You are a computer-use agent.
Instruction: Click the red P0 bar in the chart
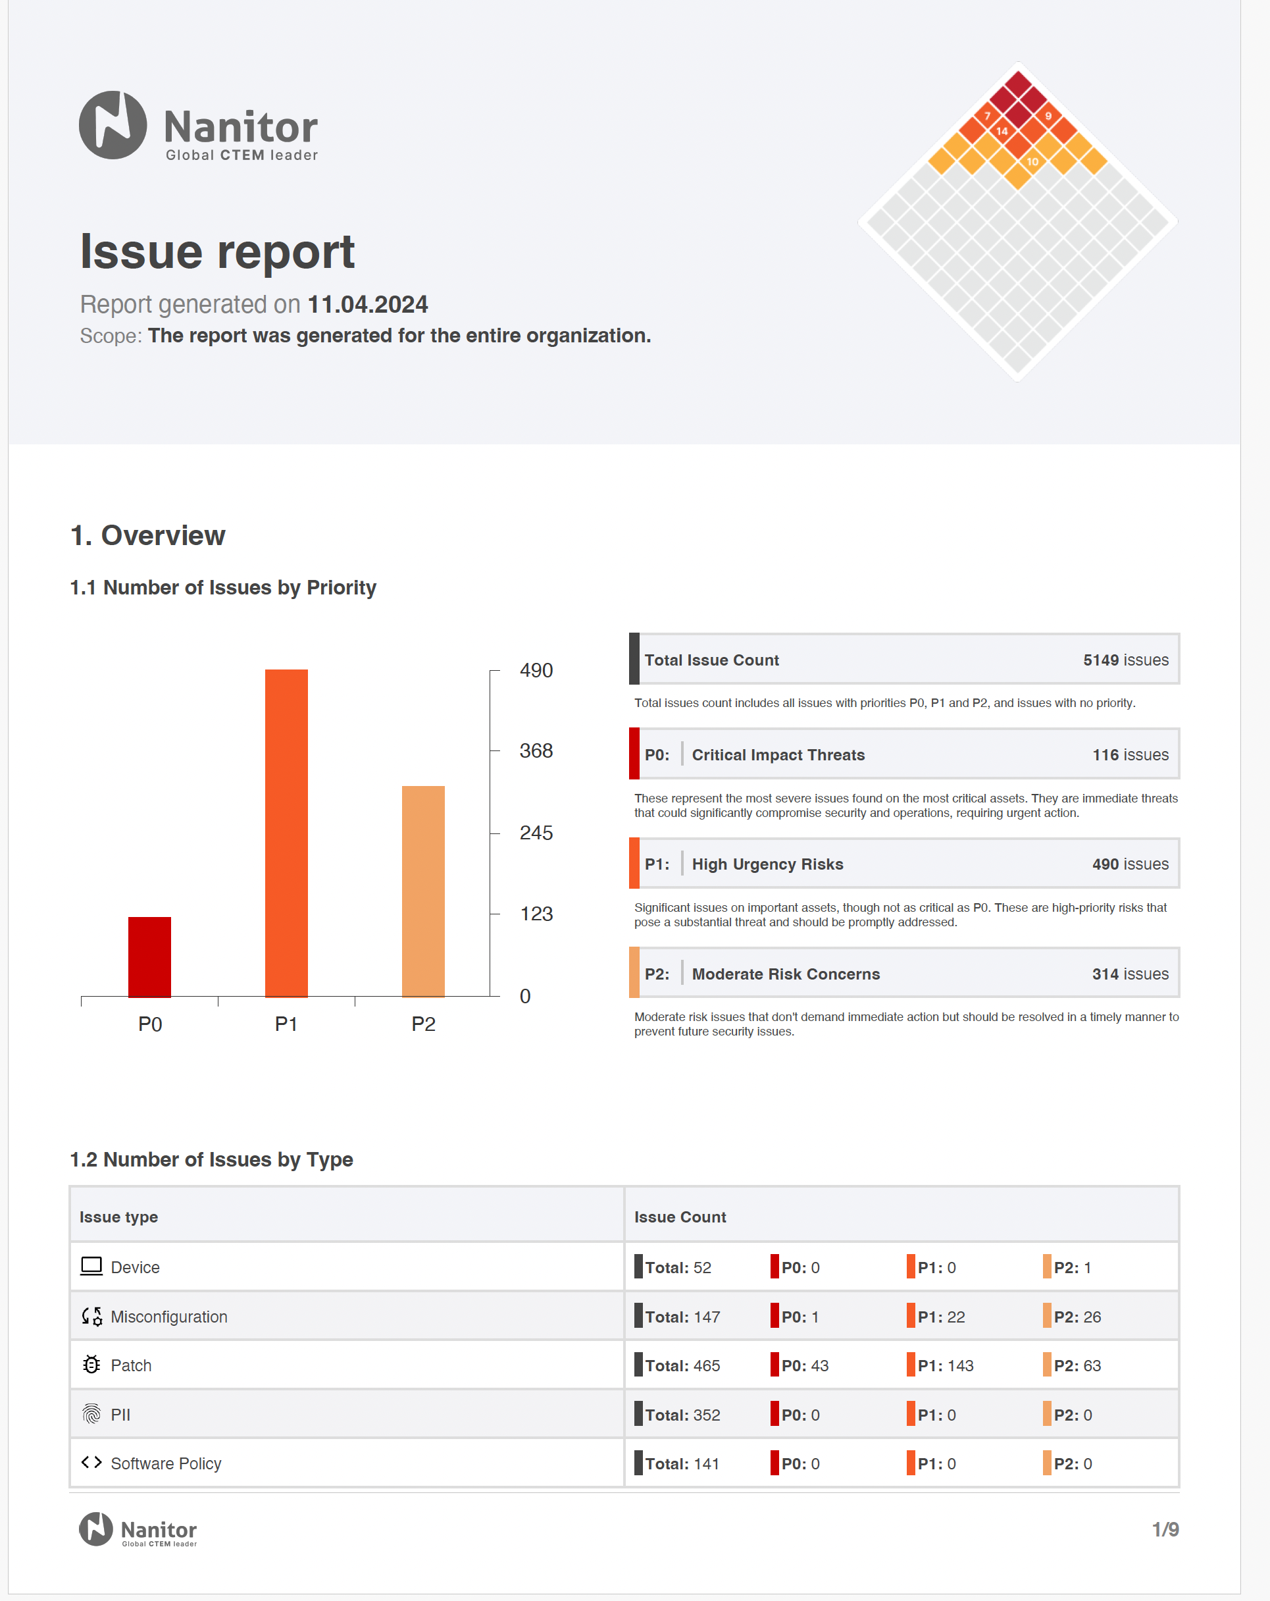(x=149, y=957)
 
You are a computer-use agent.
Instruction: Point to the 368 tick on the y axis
(x=536, y=750)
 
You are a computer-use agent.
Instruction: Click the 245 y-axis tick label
(x=536, y=833)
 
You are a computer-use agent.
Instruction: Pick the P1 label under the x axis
(x=286, y=1024)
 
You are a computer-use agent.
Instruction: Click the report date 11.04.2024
(x=367, y=304)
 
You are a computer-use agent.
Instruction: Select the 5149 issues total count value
(x=1125, y=660)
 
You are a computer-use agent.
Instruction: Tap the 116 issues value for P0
(x=1130, y=754)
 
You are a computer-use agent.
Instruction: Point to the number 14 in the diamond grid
(x=1002, y=132)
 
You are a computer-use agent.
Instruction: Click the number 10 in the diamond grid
(x=1032, y=162)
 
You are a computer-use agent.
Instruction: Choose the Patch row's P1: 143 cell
(x=945, y=1365)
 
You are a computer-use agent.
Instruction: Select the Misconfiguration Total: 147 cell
(x=682, y=1317)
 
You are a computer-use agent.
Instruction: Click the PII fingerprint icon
(x=91, y=1414)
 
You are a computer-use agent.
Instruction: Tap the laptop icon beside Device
(x=91, y=1266)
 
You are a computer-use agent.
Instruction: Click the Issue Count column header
(x=680, y=1217)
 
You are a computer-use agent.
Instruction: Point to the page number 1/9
(x=1165, y=1529)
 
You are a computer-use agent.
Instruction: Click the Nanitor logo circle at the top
(x=113, y=125)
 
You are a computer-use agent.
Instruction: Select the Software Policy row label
(x=166, y=1463)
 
